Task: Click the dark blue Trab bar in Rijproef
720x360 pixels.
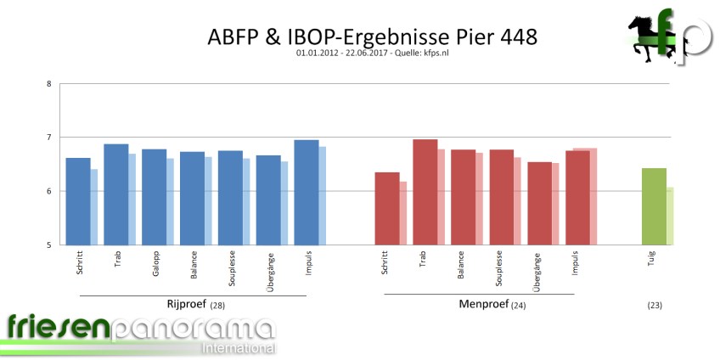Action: [115, 194]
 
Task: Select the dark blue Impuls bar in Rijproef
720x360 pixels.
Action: [306, 193]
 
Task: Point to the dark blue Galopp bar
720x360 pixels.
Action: [154, 197]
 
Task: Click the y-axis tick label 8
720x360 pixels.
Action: [48, 83]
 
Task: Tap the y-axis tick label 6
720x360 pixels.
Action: [48, 192]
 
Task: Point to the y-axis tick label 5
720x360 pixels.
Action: [48, 245]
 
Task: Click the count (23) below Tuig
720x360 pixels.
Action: [654, 305]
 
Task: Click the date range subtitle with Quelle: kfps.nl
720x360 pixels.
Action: [372, 55]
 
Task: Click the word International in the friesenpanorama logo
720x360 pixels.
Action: [238, 348]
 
